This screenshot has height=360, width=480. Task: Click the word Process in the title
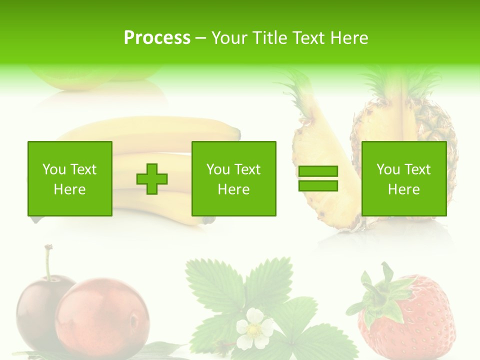(x=157, y=38)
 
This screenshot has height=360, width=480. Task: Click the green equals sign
(x=318, y=178)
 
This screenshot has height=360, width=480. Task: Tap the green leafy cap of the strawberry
(x=382, y=295)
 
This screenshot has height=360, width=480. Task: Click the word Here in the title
(x=350, y=38)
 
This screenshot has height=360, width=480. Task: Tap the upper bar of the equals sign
(x=318, y=171)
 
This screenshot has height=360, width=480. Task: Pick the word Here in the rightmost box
(x=403, y=189)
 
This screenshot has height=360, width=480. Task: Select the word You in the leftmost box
(x=53, y=169)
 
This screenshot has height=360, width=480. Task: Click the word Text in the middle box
(x=248, y=169)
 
